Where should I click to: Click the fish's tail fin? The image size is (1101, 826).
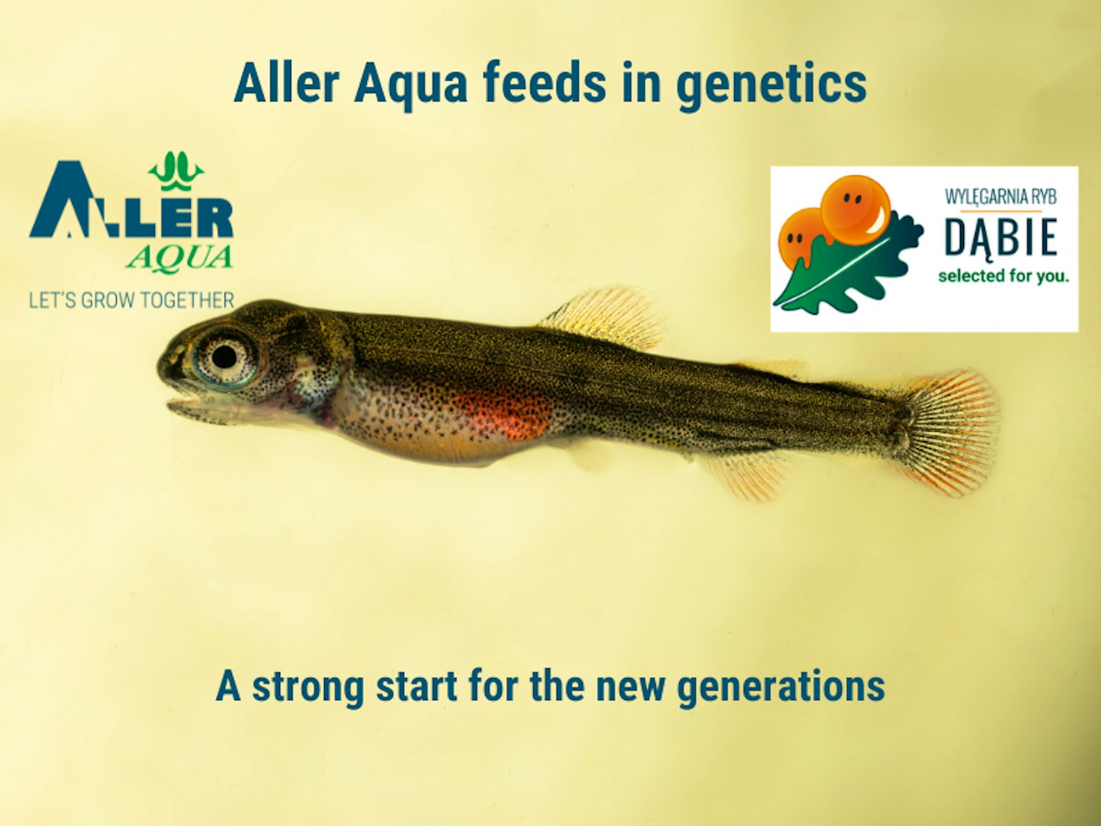pos(948,432)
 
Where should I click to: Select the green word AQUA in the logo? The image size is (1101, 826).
pos(179,258)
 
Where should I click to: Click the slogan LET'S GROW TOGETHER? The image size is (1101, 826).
pos(131,300)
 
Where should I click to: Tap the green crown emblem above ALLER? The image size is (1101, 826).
pos(176,171)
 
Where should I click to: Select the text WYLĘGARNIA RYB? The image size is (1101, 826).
pos(1001,197)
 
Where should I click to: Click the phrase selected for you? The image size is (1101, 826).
pos(1003,276)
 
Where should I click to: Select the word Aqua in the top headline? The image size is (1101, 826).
pos(410,86)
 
